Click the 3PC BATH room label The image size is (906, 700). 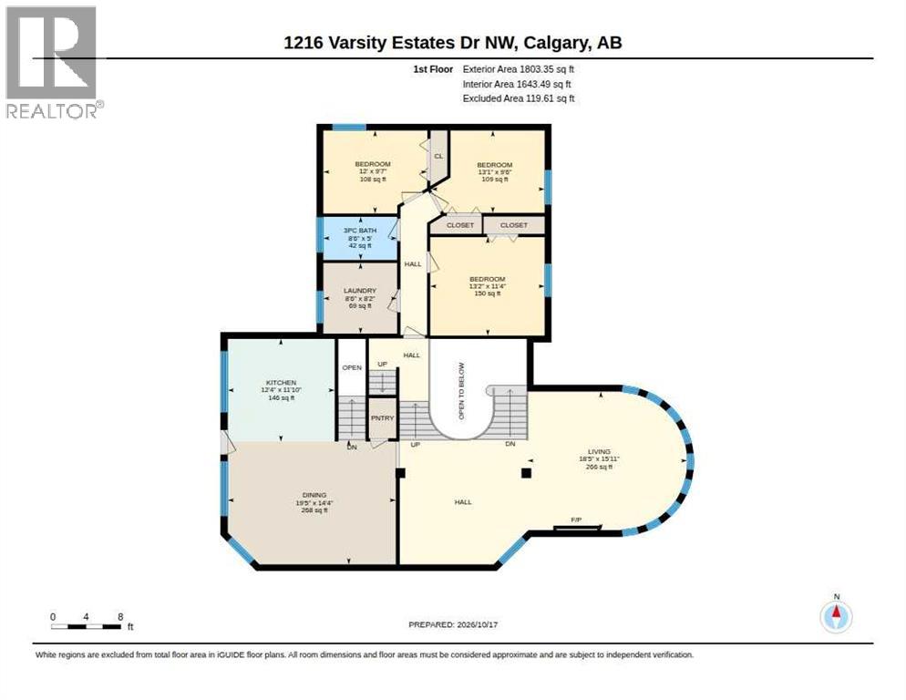359,230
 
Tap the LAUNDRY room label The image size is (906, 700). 359,291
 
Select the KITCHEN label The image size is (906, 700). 281,383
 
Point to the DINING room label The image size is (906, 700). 314,495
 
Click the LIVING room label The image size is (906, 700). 599,451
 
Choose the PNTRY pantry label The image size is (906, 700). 383,418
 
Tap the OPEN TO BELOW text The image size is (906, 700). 462,391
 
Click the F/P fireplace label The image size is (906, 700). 576,520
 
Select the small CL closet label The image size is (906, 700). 438,156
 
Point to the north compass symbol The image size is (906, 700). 836,615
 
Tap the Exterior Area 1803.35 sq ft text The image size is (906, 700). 519,69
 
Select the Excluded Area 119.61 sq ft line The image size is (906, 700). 519,98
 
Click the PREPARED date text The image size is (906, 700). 453,625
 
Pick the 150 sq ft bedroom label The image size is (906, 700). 487,293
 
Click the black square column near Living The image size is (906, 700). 526,473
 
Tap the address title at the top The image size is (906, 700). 453,43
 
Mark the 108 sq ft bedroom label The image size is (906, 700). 373,180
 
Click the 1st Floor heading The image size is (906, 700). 433,69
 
